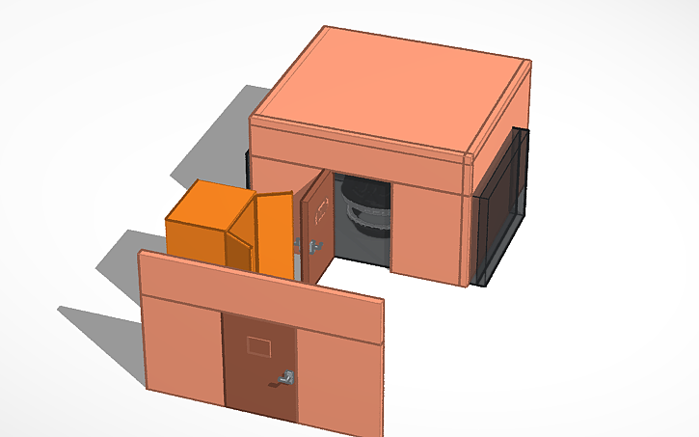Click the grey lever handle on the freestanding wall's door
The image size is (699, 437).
click(285, 377)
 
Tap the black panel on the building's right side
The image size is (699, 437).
click(503, 203)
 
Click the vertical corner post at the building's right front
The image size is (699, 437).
click(471, 222)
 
